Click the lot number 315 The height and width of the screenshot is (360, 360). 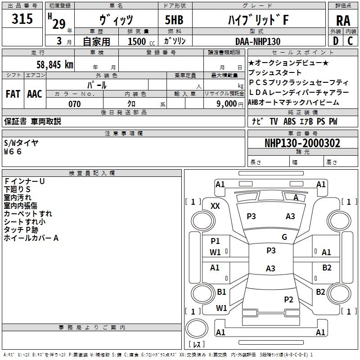(22, 18)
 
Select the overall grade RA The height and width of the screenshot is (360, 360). (343, 21)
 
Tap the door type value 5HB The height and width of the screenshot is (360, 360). (174, 20)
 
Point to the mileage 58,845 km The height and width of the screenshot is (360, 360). (55, 64)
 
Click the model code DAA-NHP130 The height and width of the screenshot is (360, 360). (258, 41)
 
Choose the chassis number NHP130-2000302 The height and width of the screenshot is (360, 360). (302, 143)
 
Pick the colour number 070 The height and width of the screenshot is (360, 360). (75, 104)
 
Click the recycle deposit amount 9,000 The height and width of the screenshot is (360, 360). (227, 103)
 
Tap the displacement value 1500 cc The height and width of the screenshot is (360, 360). (141, 41)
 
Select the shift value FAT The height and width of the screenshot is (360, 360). (13, 94)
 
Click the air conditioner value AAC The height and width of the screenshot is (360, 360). (35, 94)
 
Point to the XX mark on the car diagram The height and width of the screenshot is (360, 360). (215, 206)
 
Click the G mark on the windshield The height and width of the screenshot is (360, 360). (284, 237)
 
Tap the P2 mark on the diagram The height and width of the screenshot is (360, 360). (288, 299)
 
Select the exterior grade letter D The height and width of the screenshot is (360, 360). (336, 41)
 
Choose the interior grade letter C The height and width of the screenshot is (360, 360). (350, 41)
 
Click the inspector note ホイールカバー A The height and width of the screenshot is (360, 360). (31, 238)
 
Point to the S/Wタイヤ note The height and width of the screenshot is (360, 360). (21, 143)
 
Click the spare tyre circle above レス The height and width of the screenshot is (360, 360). (197, 328)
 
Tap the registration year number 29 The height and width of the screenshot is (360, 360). (59, 24)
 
